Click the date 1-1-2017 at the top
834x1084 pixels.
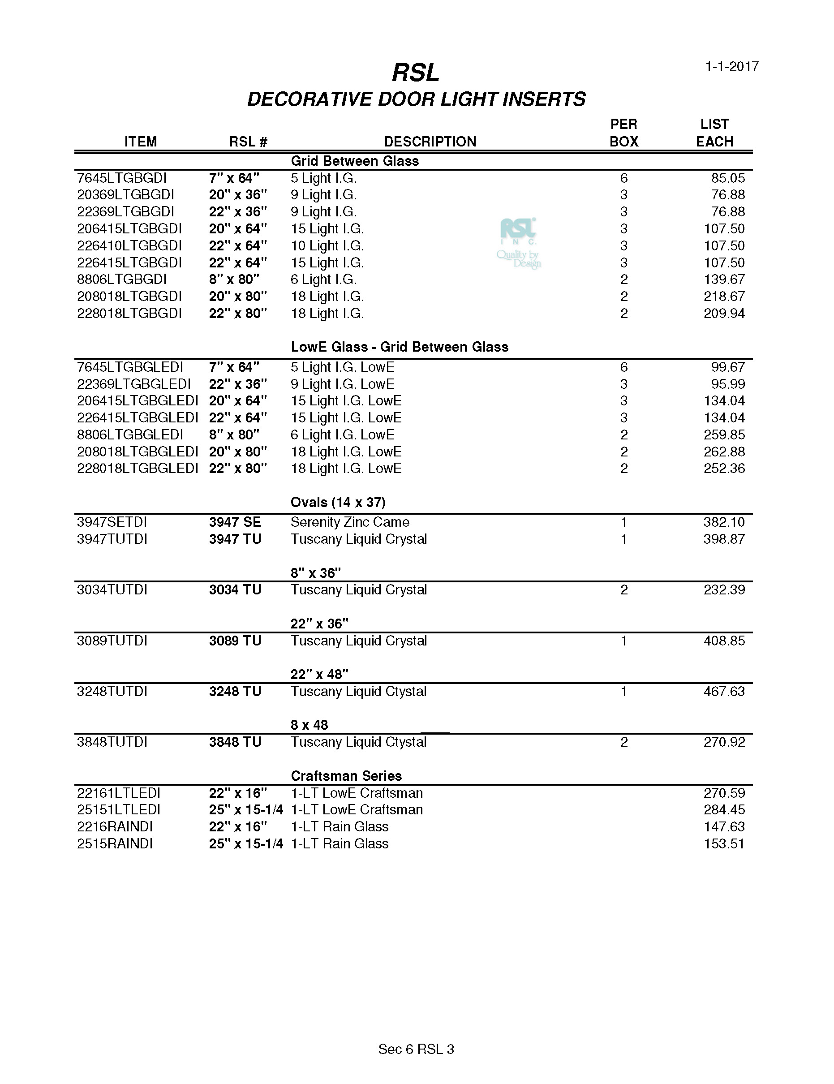click(732, 66)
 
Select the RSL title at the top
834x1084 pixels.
click(416, 73)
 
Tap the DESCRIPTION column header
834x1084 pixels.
click(430, 142)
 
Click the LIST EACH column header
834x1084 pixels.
click(714, 133)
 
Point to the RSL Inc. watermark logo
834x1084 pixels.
click(519, 243)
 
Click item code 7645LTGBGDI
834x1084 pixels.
click(122, 178)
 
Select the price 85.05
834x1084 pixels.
click(728, 178)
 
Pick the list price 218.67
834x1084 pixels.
click(724, 297)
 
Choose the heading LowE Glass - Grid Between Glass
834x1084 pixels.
click(400, 347)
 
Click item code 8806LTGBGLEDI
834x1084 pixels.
click(130, 435)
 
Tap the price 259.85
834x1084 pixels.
click(724, 435)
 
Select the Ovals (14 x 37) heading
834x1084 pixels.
click(338, 502)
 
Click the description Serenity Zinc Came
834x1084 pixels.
click(350, 522)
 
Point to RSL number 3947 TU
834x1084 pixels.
click(235, 539)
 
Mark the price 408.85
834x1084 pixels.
click(724, 641)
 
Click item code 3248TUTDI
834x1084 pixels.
click(112, 692)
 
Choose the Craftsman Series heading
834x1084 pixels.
click(347, 776)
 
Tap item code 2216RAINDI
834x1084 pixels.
click(115, 826)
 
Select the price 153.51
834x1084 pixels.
click(724, 844)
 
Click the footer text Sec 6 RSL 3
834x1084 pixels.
click(416, 1049)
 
